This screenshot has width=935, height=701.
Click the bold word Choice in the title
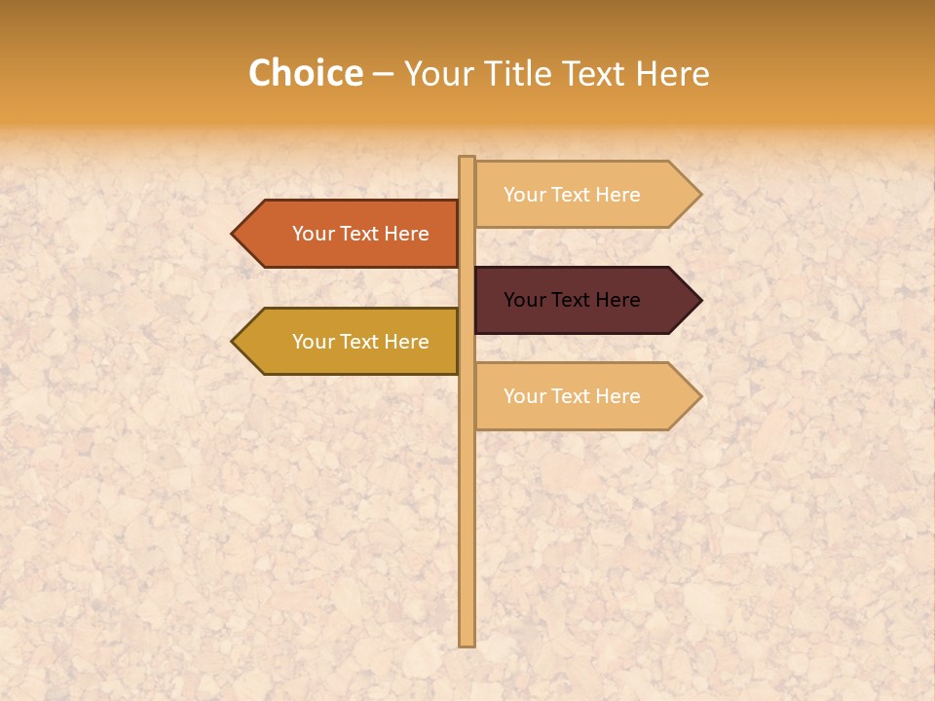point(305,73)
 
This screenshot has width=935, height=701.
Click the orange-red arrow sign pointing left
point(351,234)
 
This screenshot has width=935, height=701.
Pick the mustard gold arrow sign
point(351,342)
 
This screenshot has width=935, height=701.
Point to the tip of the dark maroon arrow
point(699,300)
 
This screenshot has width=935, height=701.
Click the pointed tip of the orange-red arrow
point(234,234)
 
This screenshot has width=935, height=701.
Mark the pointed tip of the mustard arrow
point(234,342)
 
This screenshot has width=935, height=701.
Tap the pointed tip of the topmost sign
point(699,194)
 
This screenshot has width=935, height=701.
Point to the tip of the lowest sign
point(699,396)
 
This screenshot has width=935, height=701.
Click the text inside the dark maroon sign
point(572,300)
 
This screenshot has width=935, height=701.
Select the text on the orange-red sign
point(360,234)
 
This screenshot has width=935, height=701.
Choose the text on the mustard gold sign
point(360,342)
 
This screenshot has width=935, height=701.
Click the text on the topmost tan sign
point(572,195)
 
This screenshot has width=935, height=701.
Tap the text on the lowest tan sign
point(572,396)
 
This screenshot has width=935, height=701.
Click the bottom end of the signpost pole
point(467,643)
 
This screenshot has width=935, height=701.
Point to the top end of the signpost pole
point(467,159)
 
